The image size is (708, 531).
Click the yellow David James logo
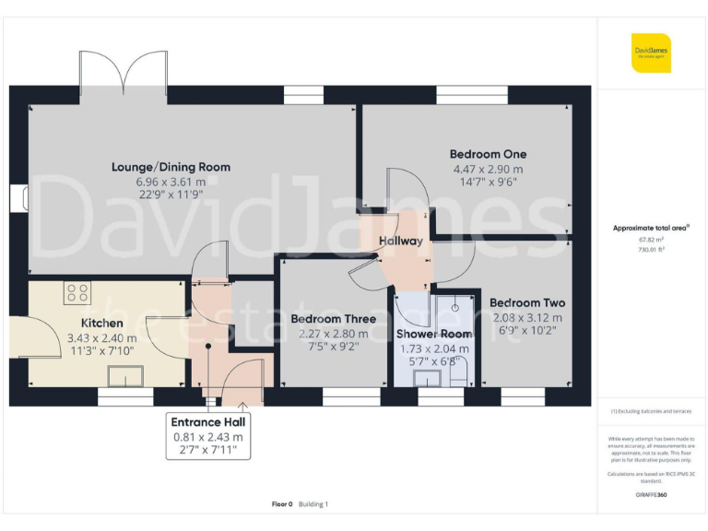tap(651, 53)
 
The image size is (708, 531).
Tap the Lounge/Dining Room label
tap(171, 167)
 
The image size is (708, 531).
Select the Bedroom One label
tap(488, 154)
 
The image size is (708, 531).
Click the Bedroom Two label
tap(527, 302)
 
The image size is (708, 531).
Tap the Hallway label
tap(400, 242)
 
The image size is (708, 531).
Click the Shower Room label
tap(433, 334)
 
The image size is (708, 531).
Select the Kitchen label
tap(101, 323)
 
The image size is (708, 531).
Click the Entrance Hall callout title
tap(207, 421)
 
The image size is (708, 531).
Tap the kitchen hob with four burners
tap(77, 293)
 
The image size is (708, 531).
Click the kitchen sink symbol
tap(124, 375)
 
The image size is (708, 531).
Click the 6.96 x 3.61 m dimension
tap(171, 182)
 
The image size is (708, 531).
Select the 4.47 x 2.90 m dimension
tap(488, 169)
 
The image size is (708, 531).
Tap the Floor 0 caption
tap(282, 504)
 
